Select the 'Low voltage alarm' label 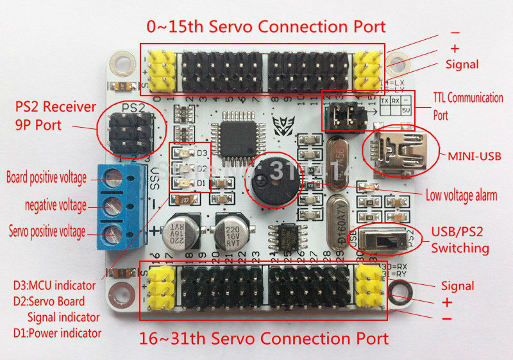461,196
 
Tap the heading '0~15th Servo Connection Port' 266,26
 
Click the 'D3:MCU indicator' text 55,284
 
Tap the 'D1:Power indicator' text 57,332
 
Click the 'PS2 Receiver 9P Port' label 56,116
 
